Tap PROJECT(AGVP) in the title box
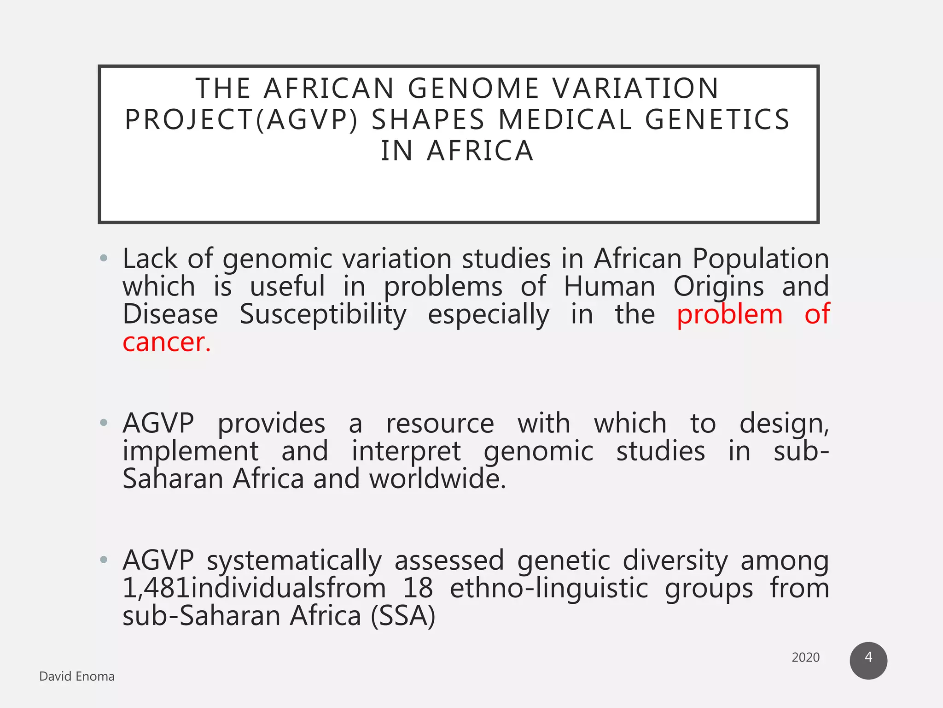pyautogui.click(x=241, y=120)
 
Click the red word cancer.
pyautogui.click(x=167, y=342)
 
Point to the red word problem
pyautogui.click(x=729, y=315)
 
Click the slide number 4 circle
pyautogui.click(x=868, y=660)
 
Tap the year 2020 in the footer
pyautogui.click(x=805, y=657)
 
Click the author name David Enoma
pyautogui.click(x=77, y=676)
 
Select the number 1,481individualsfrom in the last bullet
pyautogui.click(x=254, y=589)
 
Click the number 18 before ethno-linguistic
pyautogui.click(x=418, y=589)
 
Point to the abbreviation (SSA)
pyautogui.click(x=403, y=616)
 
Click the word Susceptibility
pyautogui.click(x=323, y=315)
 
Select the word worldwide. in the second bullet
pyautogui.click(x=437, y=479)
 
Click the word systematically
pyautogui.click(x=294, y=561)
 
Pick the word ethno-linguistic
pyautogui.click(x=549, y=589)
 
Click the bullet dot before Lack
pyautogui.click(x=104, y=258)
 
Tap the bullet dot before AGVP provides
pyautogui.click(x=104, y=422)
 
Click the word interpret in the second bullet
pyautogui.click(x=406, y=451)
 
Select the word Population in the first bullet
pyautogui.click(x=760, y=259)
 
